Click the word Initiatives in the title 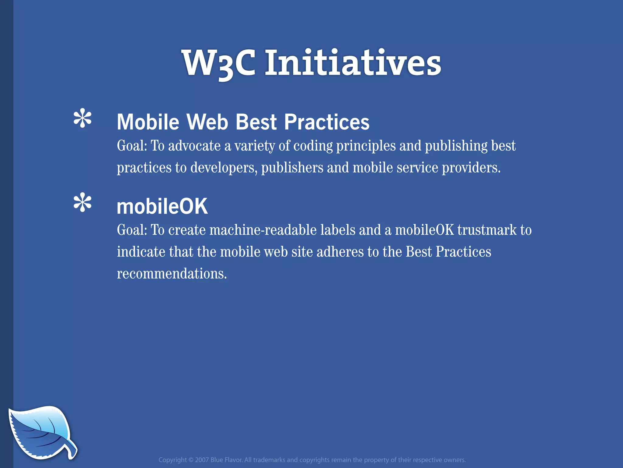click(x=353, y=63)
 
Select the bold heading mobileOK click(x=162, y=207)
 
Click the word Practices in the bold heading click(x=327, y=122)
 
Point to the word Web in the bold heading click(x=207, y=122)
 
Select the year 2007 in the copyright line click(x=202, y=460)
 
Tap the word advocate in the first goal click(x=194, y=146)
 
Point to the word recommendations click(x=172, y=274)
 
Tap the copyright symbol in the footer click(x=191, y=460)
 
